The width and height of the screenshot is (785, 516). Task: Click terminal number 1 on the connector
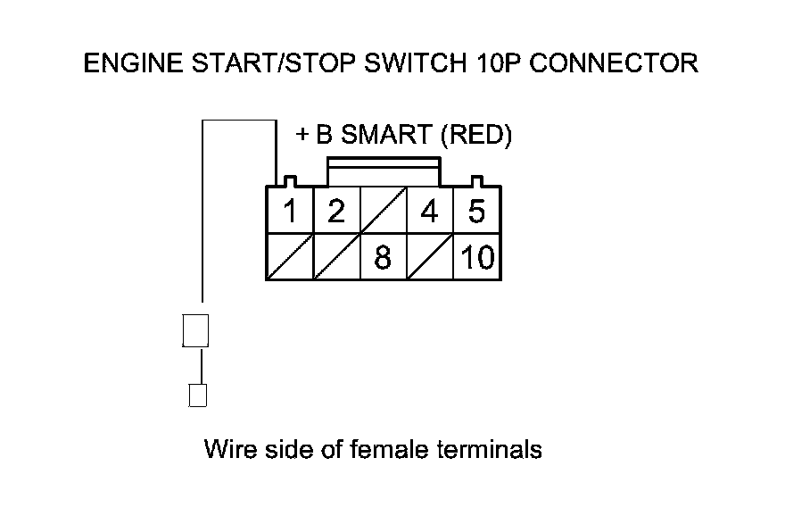[290, 212]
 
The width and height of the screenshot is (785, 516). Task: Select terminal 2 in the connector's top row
[335, 212]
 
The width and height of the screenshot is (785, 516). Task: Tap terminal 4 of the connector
[430, 212]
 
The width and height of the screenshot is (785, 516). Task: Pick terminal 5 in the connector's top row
[476, 212]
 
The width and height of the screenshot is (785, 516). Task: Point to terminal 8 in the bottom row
[383, 258]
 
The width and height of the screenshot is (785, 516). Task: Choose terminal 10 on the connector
[477, 258]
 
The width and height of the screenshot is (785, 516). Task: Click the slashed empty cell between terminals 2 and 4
[383, 212]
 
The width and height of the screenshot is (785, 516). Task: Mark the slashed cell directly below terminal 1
[290, 258]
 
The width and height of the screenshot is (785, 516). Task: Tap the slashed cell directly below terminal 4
[430, 258]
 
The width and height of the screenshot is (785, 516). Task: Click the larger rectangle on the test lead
[195, 329]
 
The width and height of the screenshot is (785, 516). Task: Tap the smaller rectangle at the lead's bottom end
[198, 395]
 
